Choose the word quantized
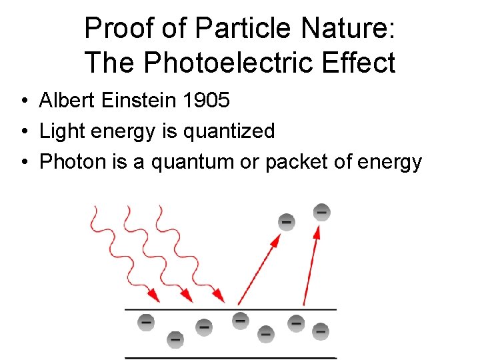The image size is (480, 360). pos(229,131)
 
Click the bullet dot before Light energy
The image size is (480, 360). pos(24,131)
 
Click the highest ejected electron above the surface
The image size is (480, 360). pos(321,212)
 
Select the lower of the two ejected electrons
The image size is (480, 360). pos(287,221)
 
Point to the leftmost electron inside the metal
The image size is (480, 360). pos(145,323)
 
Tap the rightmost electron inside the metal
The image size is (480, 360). pos(321,331)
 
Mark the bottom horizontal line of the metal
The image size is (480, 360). pos(231,357)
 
